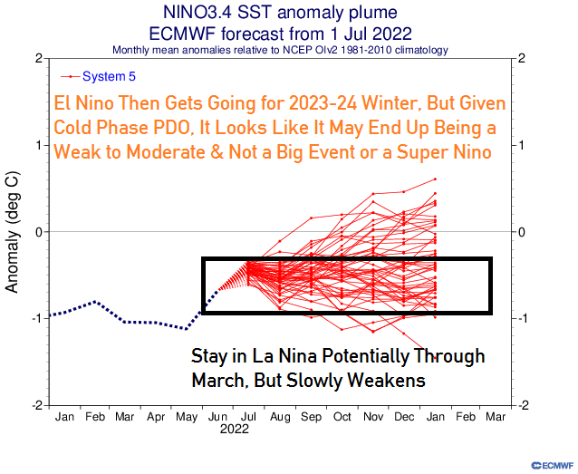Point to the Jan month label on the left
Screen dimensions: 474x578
pos(64,418)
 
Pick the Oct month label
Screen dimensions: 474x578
pos(342,418)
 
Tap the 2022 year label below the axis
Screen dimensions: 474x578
pos(234,432)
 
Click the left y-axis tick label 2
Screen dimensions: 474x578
pos(40,58)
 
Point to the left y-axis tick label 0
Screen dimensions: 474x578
pos(40,232)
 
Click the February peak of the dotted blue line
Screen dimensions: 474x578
pos(94,301)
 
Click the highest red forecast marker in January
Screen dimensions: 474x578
pos(435,179)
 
